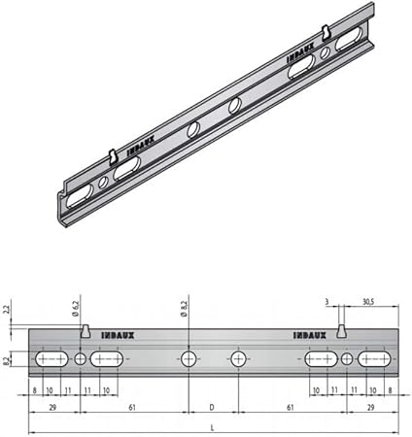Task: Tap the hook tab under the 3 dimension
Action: [341, 331]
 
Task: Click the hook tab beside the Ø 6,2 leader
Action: [86, 331]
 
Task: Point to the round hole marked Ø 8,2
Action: [189, 359]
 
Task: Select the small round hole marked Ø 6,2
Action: [80, 359]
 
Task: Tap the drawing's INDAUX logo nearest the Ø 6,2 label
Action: [118, 335]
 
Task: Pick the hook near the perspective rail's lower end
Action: [113, 154]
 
